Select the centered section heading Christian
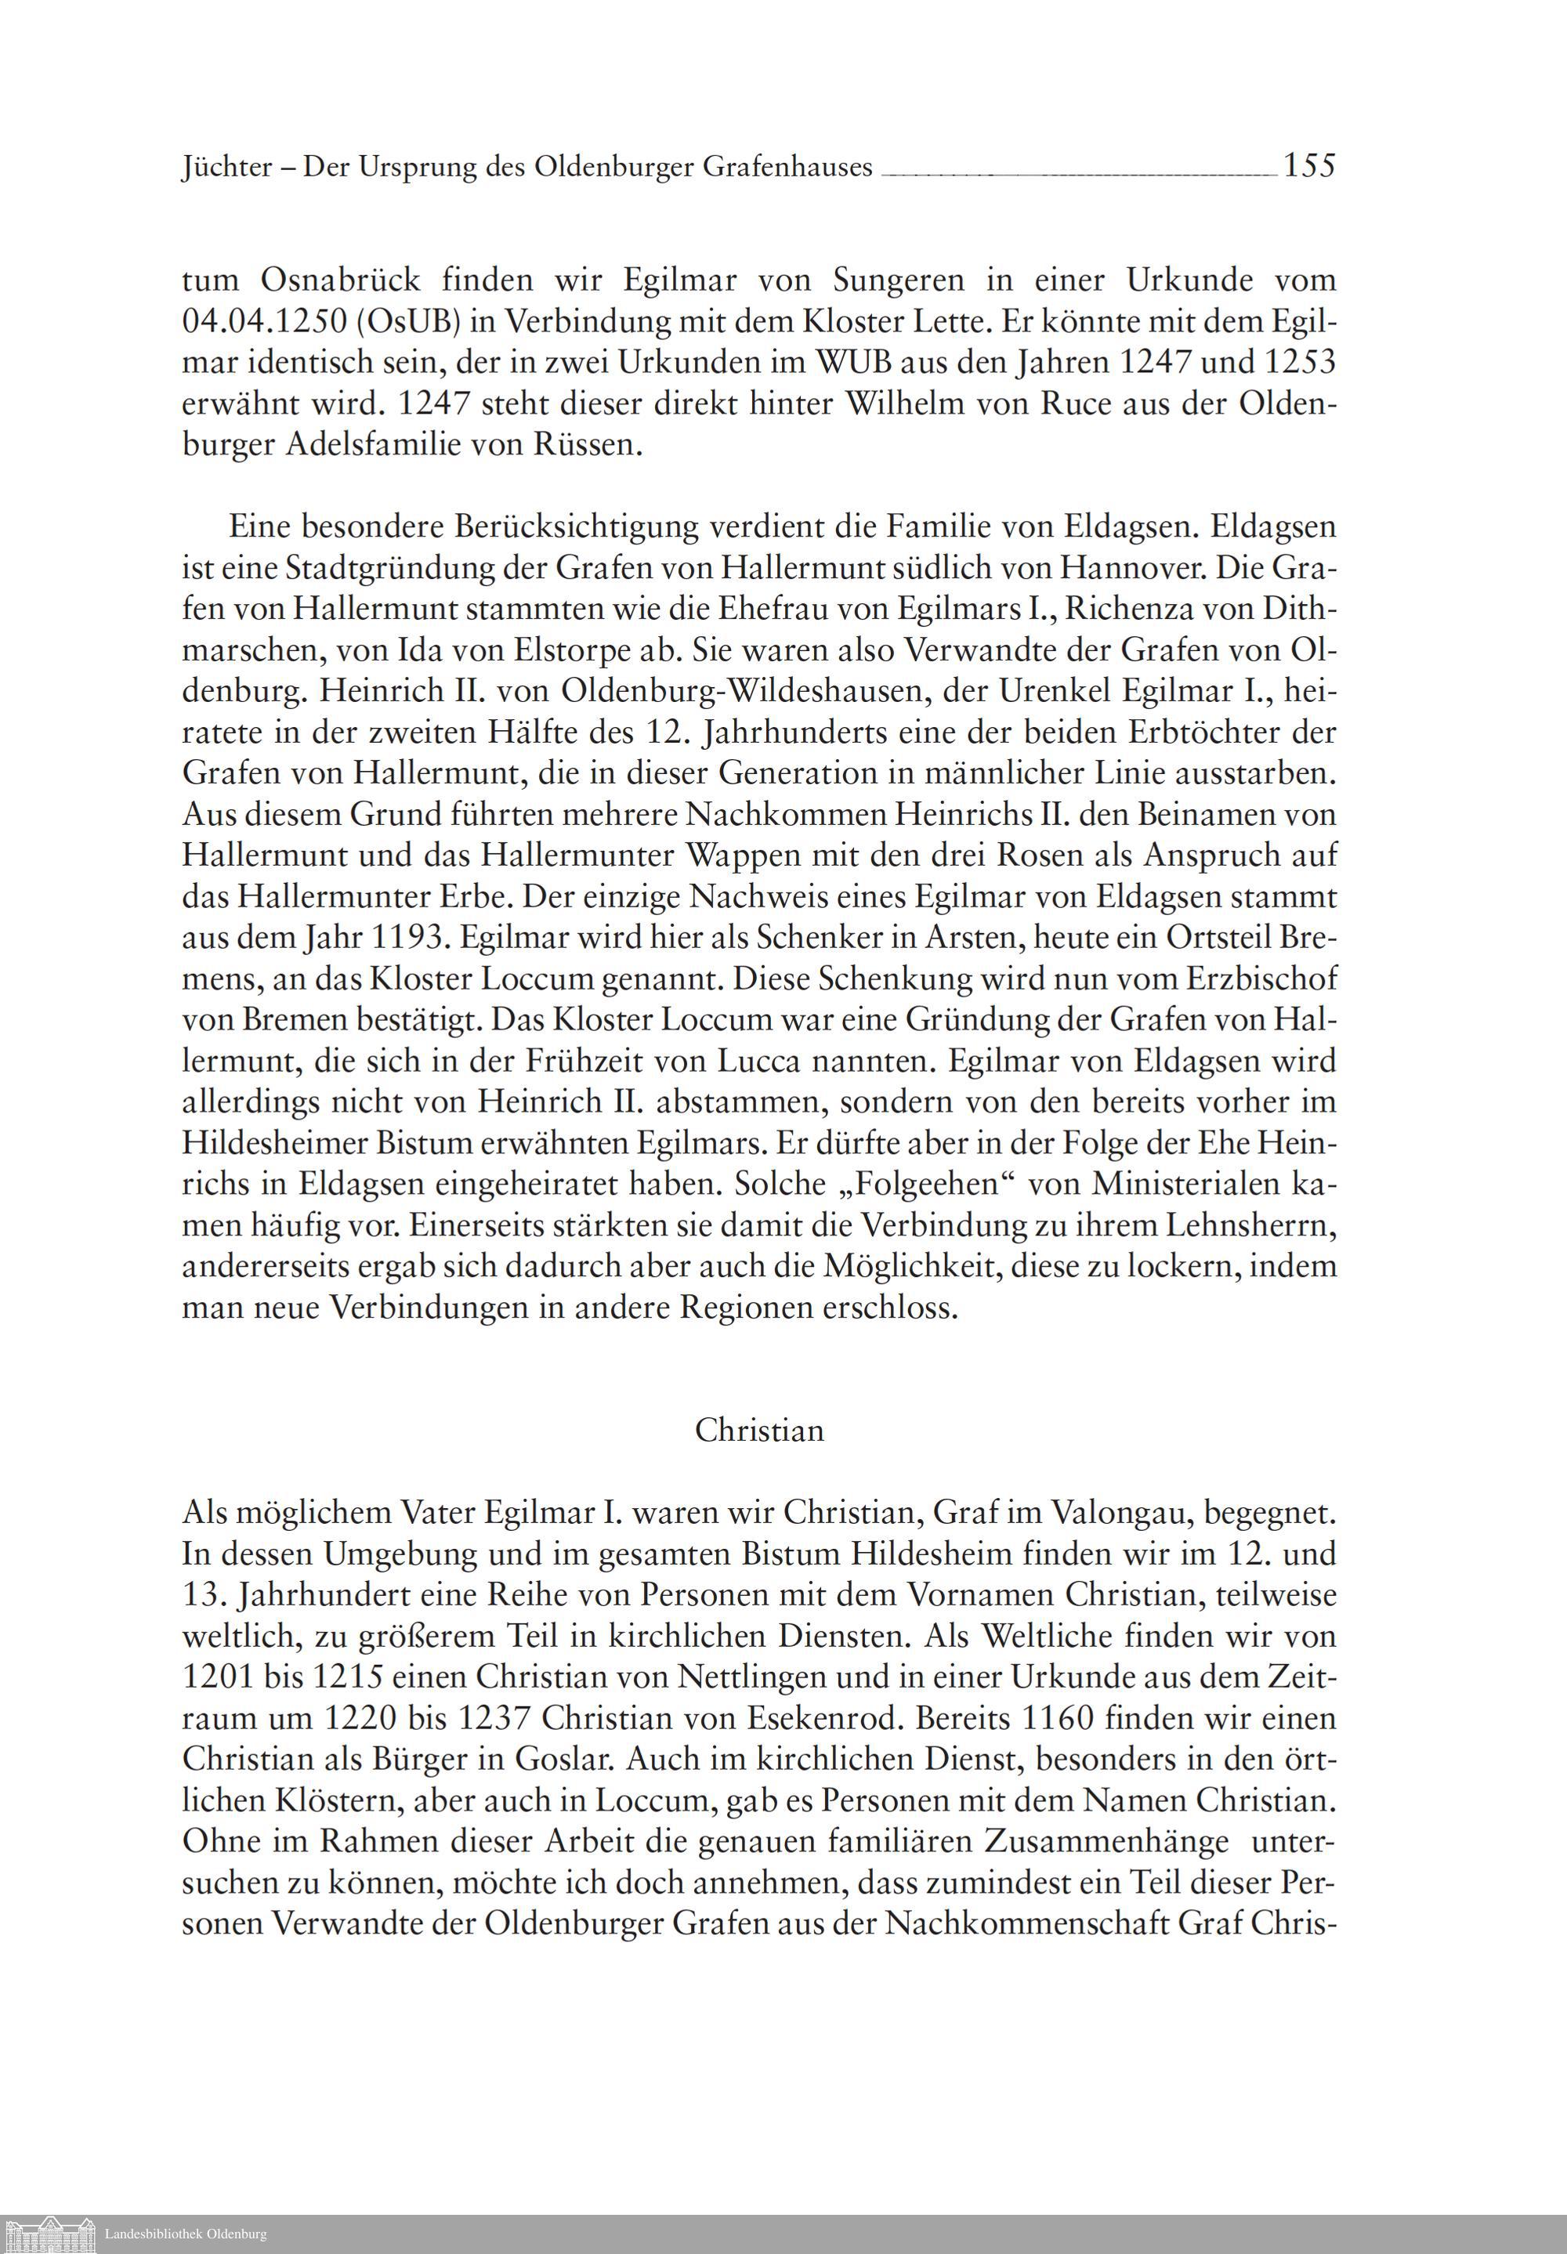click(x=759, y=1431)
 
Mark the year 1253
click(x=1301, y=364)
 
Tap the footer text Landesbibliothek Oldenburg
click(x=186, y=2234)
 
